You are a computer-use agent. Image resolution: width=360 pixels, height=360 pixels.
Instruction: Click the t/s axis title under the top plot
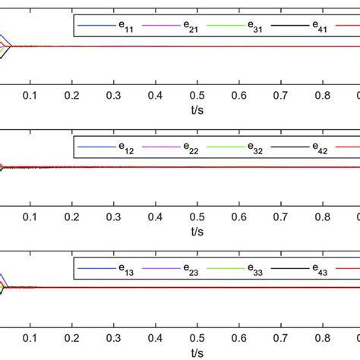197,108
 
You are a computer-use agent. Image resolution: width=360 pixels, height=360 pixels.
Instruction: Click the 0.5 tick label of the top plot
197,95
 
